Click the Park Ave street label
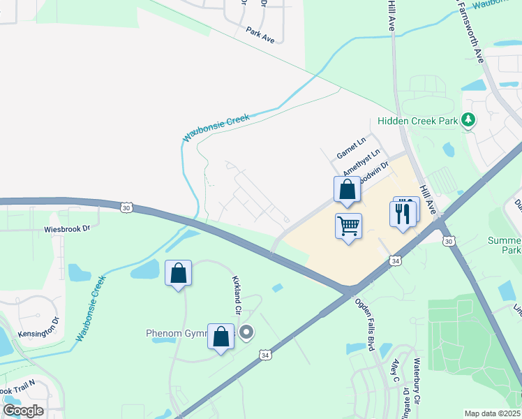click(x=260, y=35)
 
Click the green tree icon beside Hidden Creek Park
click(x=469, y=120)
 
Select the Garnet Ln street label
click(x=351, y=148)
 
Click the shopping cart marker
click(x=348, y=226)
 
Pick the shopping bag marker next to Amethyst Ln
click(x=347, y=189)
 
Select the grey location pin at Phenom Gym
click(x=246, y=332)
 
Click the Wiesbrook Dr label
click(x=68, y=228)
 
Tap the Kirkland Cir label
click(x=237, y=294)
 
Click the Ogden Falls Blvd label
click(x=366, y=325)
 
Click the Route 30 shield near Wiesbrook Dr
click(x=126, y=207)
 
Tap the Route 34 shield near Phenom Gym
click(x=264, y=355)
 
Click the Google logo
click(x=23, y=411)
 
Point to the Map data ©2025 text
click(x=492, y=413)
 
